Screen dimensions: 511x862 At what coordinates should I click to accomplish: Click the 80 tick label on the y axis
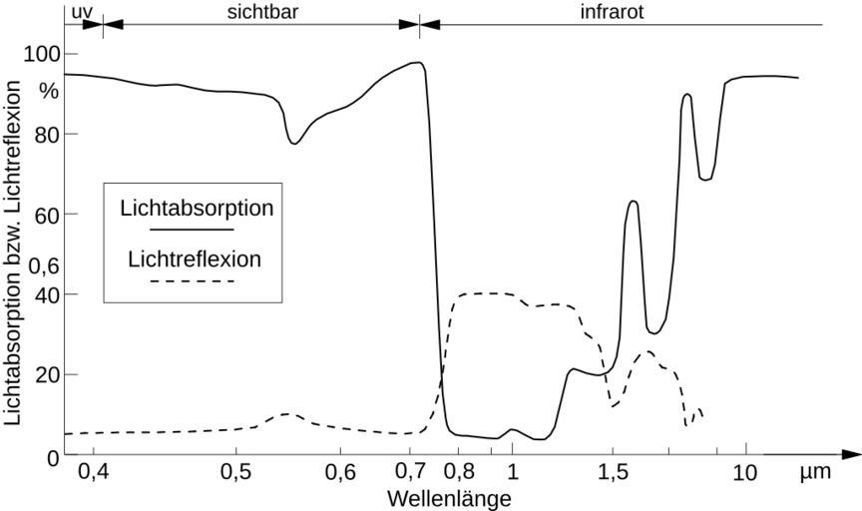47,134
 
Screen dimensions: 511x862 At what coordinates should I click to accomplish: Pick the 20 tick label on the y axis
47,374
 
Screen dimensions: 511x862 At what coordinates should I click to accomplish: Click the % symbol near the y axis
47,91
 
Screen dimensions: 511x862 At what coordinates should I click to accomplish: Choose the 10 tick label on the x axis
744,472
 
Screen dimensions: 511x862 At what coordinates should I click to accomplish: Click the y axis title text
13,255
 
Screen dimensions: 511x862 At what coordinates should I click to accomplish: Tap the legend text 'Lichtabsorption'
197,209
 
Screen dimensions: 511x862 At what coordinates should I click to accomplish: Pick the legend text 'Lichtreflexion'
195,259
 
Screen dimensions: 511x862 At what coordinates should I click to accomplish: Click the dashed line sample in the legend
194,282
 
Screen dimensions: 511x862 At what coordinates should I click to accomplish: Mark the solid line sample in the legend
197,231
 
